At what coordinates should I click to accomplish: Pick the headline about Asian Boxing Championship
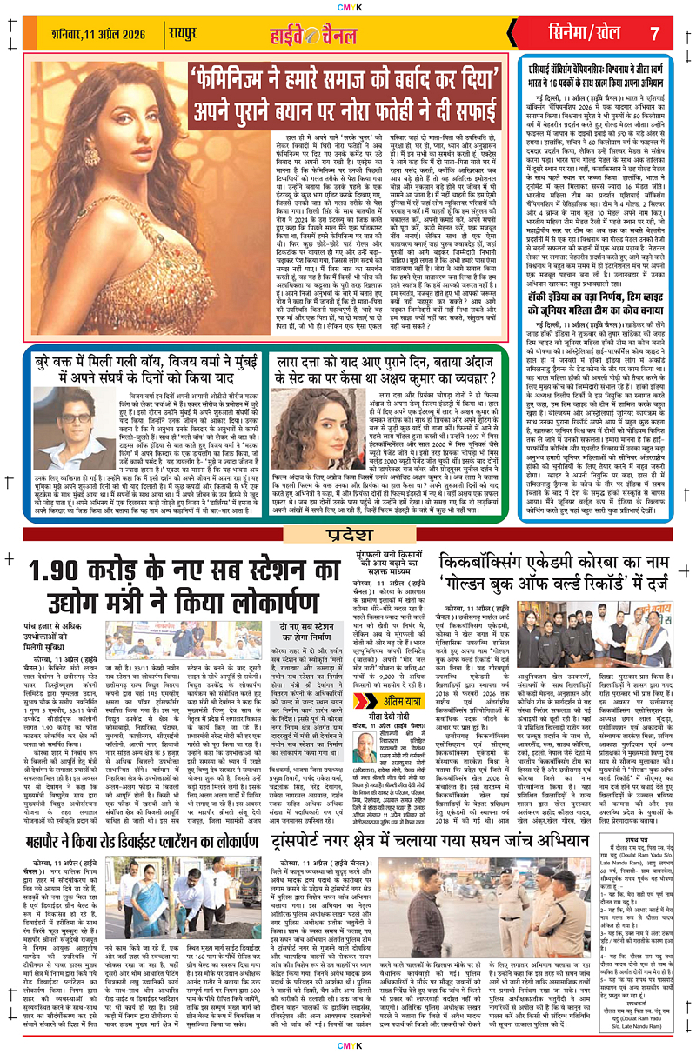[x=606, y=74]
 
